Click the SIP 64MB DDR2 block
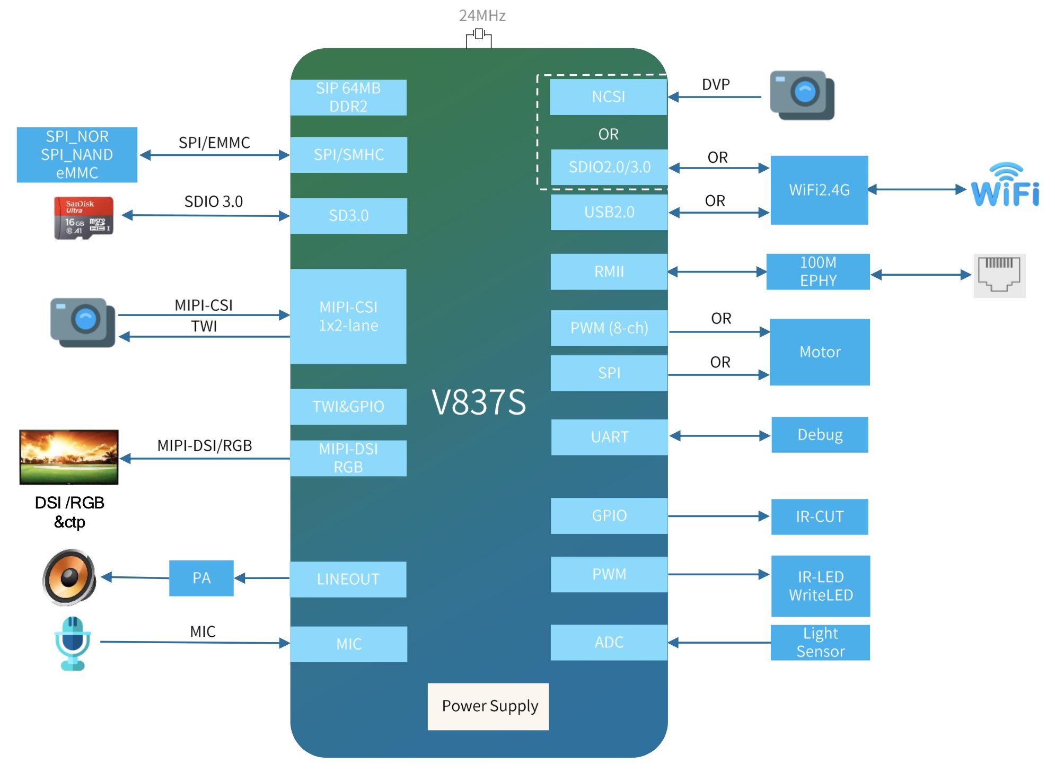coord(348,98)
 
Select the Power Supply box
coord(488,706)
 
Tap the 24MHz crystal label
coord(482,16)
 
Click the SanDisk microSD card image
coord(83,218)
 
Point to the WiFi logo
coord(1005,186)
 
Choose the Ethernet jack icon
coord(999,275)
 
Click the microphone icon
coord(73,643)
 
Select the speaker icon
coord(69,577)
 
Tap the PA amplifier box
coord(201,578)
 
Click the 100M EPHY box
coord(818,271)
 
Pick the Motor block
coord(820,352)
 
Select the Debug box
coord(820,435)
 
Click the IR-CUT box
coord(820,516)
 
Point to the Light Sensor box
coord(820,642)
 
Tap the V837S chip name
coord(479,402)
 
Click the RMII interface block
coord(609,271)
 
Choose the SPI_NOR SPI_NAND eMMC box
coord(77,155)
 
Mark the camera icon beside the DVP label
coord(802,95)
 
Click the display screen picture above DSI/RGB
coord(69,457)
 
